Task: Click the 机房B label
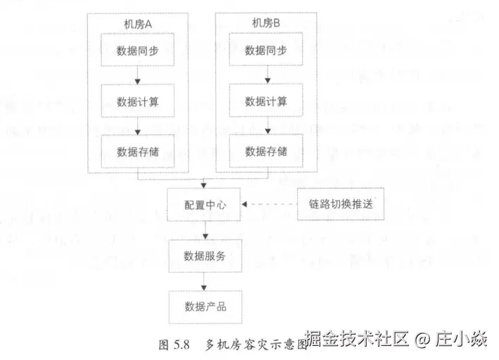[266, 23]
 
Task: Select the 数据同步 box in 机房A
[138, 51]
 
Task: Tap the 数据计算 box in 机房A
[138, 101]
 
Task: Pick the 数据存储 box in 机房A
[138, 151]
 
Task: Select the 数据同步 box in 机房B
[266, 51]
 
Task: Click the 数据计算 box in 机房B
[266, 101]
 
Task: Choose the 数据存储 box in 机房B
[266, 151]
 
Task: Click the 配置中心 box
[204, 205]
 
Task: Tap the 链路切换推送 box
[341, 205]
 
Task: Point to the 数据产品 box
[204, 307]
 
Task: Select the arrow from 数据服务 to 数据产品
[204, 281]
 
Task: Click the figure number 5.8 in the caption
[182, 345]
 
